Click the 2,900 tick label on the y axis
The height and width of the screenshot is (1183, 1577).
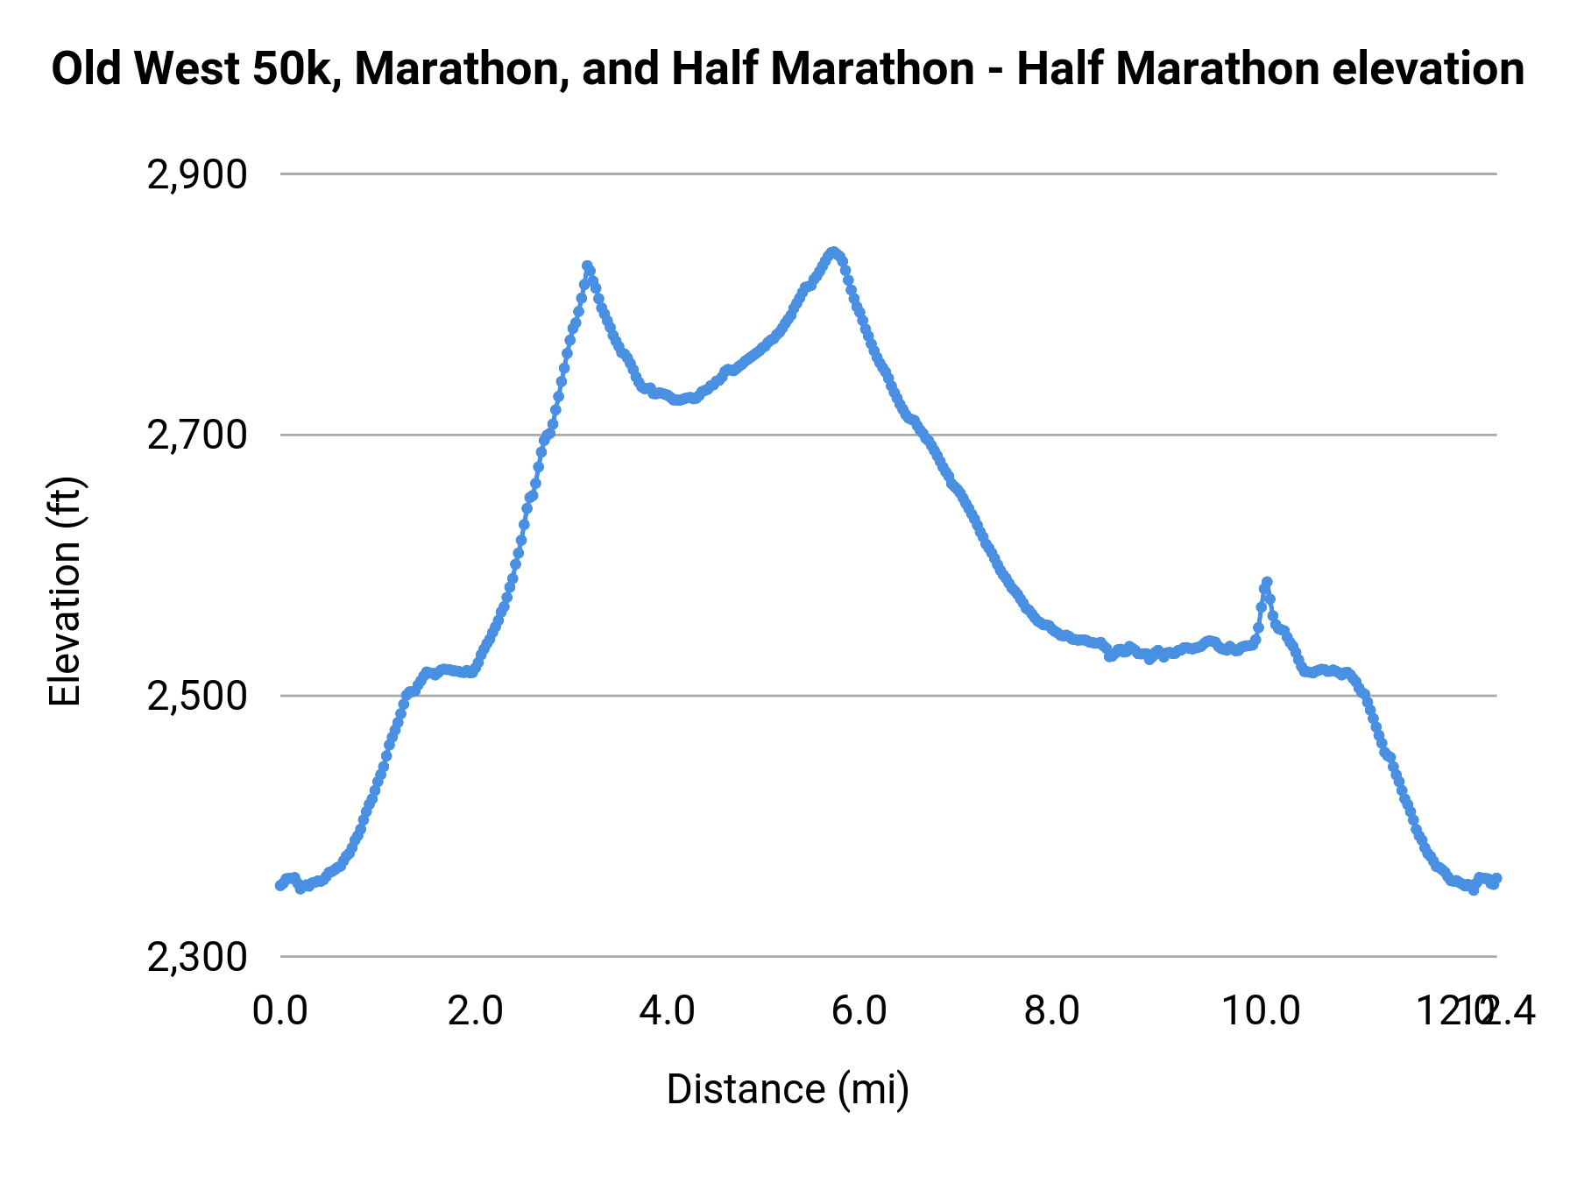[x=197, y=175]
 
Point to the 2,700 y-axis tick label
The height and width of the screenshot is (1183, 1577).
[x=197, y=436]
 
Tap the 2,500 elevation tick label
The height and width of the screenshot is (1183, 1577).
[x=197, y=697]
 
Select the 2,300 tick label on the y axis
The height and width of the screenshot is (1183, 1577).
[x=197, y=958]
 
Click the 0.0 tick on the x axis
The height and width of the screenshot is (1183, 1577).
[x=280, y=1011]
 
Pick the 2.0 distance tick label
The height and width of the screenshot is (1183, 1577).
[x=475, y=1011]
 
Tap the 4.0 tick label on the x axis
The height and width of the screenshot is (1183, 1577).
[x=667, y=1011]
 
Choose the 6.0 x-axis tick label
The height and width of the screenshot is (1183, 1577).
[x=859, y=1011]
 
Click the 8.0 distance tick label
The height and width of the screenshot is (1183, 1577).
[x=1052, y=1011]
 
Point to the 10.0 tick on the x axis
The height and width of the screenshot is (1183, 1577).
[x=1261, y=1011]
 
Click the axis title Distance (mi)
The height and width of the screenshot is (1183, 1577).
[x=788, y=1089]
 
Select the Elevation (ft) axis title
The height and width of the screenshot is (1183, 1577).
[x=65, y=591]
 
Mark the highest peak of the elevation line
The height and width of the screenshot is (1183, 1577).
[x=832, y=251]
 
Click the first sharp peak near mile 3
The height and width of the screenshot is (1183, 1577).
[x=587, y=266]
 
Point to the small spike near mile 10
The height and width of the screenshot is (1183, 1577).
[x=1266, y=582]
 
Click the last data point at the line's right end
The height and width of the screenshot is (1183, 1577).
[x=1496, y=878]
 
